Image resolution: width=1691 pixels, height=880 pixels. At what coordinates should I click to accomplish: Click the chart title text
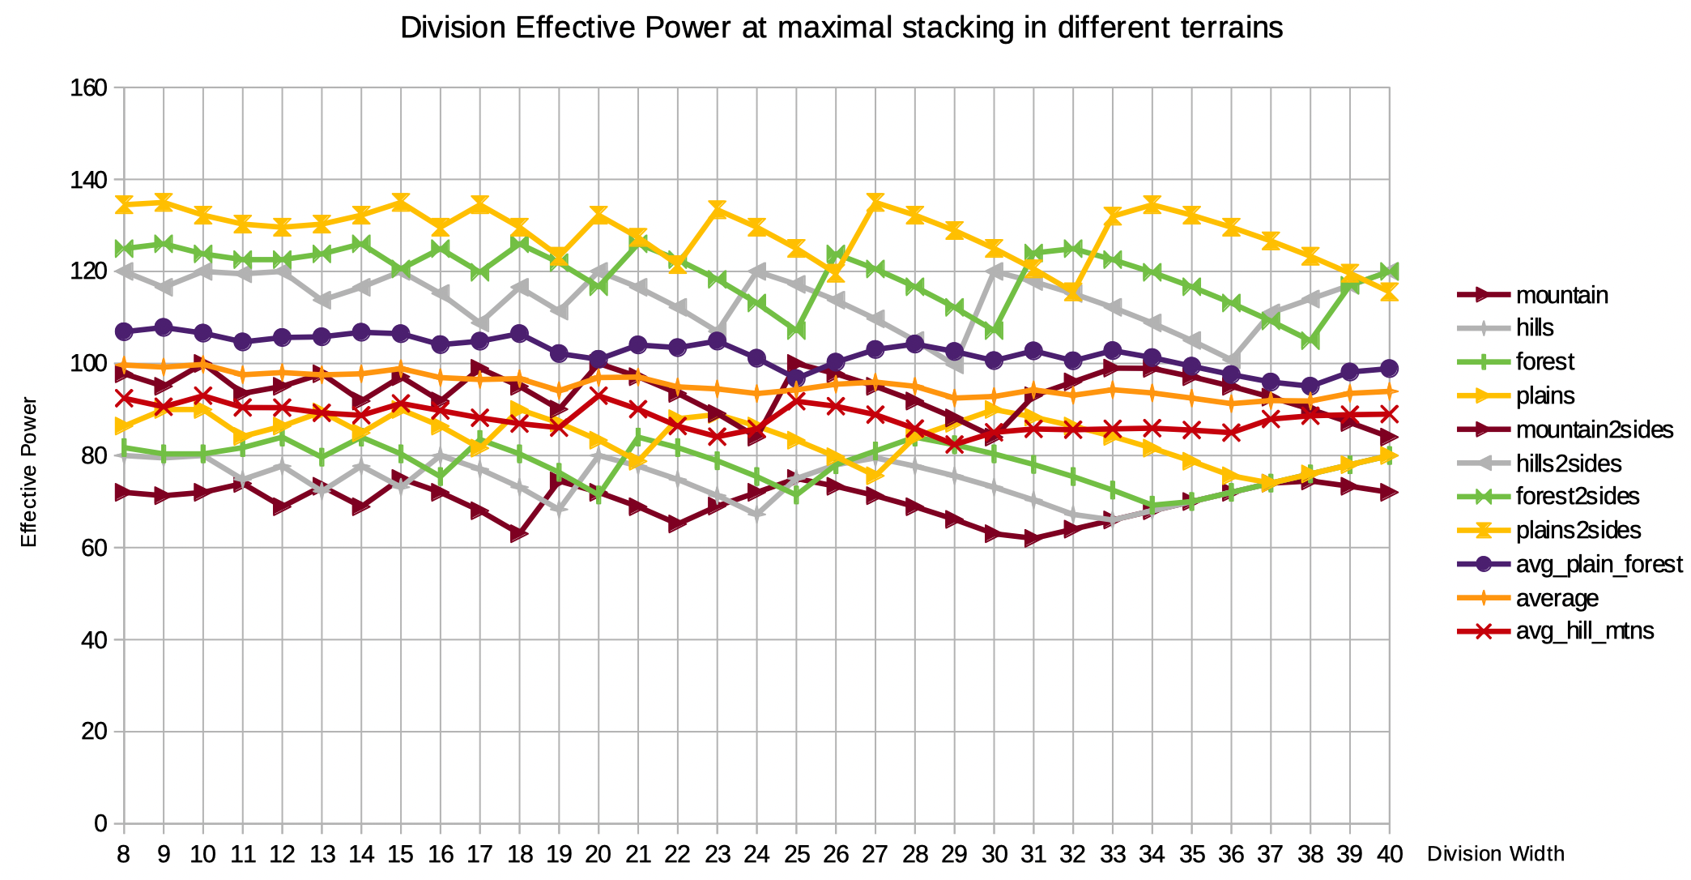841,28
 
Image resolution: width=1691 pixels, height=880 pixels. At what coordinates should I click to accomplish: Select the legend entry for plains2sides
1578,530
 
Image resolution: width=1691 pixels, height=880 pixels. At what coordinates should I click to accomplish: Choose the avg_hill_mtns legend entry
1584,631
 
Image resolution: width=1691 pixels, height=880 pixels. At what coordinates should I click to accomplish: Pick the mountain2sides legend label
1594,429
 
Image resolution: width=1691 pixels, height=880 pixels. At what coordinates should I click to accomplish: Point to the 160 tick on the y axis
89,88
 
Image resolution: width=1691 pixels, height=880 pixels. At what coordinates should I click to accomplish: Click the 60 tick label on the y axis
94,548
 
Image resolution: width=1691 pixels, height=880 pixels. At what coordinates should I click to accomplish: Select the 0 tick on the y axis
100,824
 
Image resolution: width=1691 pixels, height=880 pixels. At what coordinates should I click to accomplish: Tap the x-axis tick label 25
796,854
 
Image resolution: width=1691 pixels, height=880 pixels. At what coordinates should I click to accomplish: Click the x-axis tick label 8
124,854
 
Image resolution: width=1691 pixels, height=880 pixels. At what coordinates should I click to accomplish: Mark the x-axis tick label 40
1390,854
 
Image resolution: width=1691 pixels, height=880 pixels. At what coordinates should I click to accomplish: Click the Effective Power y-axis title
29,472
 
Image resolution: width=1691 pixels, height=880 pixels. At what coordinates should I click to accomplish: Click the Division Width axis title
1495,854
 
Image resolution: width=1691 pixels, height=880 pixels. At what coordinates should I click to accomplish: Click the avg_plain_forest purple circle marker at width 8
124,331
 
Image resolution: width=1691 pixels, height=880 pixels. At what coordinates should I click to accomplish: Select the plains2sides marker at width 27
875,203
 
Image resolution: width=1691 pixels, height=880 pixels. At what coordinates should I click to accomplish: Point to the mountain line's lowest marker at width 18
519,534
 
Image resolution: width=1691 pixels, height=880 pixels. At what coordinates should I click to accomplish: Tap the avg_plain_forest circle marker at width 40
1390,369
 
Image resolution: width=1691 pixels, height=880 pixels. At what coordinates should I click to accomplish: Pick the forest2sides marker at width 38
1310,340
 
